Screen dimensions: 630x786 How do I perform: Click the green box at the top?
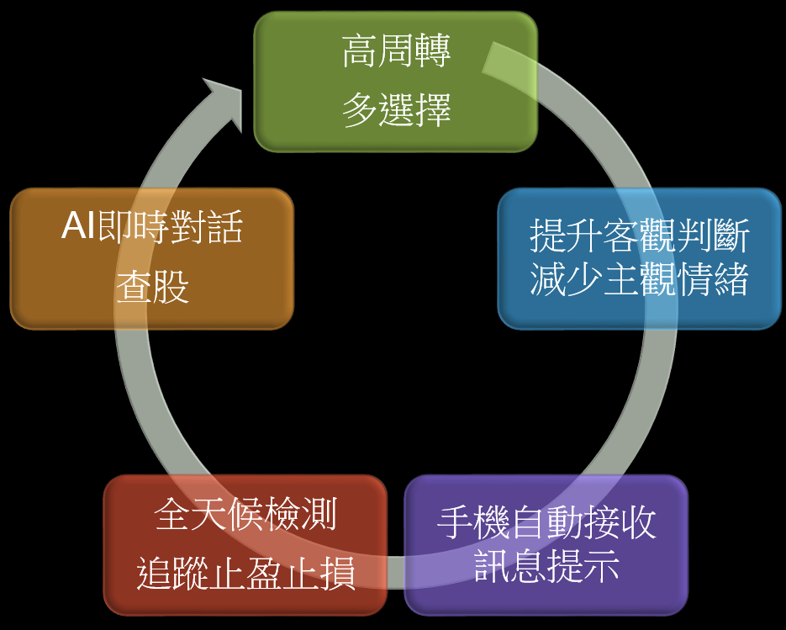(395, 82)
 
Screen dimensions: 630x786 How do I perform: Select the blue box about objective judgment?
(639, 258)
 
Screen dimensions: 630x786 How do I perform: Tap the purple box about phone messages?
(546, 545)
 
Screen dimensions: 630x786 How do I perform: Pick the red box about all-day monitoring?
(245, 545)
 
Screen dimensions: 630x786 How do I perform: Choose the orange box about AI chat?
(151, 258)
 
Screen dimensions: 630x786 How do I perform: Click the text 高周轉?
(396, 53)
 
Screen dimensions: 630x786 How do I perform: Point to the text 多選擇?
(396, 110)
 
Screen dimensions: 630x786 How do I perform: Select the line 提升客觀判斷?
(639, 237)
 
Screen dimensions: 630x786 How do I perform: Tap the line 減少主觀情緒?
(639, 281)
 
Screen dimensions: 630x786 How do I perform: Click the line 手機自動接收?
(546, 524)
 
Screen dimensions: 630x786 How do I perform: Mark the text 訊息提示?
(546, 568)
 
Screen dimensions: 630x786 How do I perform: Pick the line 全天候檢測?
(245, 516)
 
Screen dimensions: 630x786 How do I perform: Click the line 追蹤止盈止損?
(245, 575)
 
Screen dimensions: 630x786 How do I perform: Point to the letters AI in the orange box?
(78, 227)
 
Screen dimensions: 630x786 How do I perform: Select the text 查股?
(152, 288)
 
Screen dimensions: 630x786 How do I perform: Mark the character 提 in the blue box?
(547, 237)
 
